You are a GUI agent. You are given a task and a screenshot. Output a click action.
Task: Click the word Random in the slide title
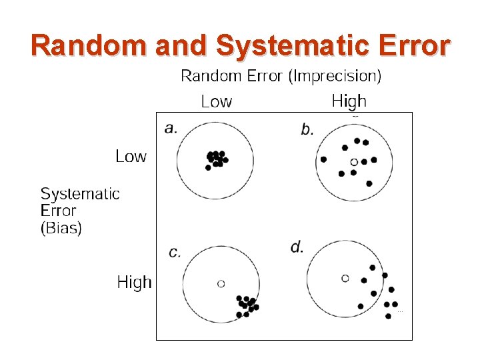[89, 46]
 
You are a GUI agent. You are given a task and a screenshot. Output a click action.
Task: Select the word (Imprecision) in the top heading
[335, 77]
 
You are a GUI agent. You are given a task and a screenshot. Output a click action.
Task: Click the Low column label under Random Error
[217, 102]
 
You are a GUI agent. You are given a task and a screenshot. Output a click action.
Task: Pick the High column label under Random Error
[349, 101]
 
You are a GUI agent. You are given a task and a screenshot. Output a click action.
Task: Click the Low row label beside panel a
[131, 157]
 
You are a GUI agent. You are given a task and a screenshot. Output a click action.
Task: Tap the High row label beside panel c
[134, 283]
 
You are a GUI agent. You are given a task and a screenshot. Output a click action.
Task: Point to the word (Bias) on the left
[61, 229]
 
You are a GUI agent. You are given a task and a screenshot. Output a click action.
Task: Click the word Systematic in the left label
[80, 194]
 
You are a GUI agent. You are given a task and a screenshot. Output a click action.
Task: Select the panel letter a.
[171, 128]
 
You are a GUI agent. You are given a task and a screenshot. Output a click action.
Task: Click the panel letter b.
[307, 129]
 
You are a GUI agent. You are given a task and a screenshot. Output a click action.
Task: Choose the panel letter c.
[175, 252]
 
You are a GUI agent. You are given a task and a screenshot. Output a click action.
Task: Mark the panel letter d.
[297, 247]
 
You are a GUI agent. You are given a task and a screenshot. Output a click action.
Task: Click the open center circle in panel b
[354, 161]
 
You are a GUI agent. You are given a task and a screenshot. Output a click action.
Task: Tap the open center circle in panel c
[221, 283]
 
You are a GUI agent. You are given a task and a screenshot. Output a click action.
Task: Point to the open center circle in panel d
[345, 278]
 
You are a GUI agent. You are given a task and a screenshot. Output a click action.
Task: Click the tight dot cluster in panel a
[216, 159]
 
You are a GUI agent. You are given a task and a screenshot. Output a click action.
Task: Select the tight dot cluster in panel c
[247, 306]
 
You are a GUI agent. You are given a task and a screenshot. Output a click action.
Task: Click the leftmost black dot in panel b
[323, 159]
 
